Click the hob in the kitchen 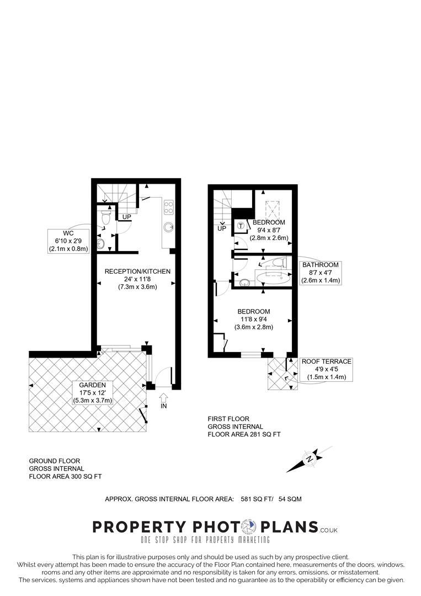click(x=169, y=207)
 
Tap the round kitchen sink click(x=169, y=226)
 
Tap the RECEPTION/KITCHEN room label click(x=137, y=271)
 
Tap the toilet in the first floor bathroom click(x=281, y=265)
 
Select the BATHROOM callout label click(x=321, y=273)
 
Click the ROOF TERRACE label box click(x=326, y=369)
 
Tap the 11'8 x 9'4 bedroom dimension click(x=254, y=319)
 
